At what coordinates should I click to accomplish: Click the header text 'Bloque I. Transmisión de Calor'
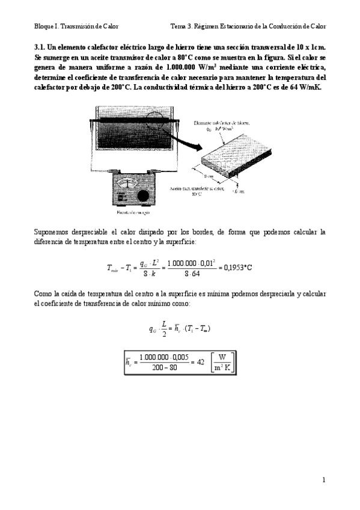(x=76, y=26)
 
